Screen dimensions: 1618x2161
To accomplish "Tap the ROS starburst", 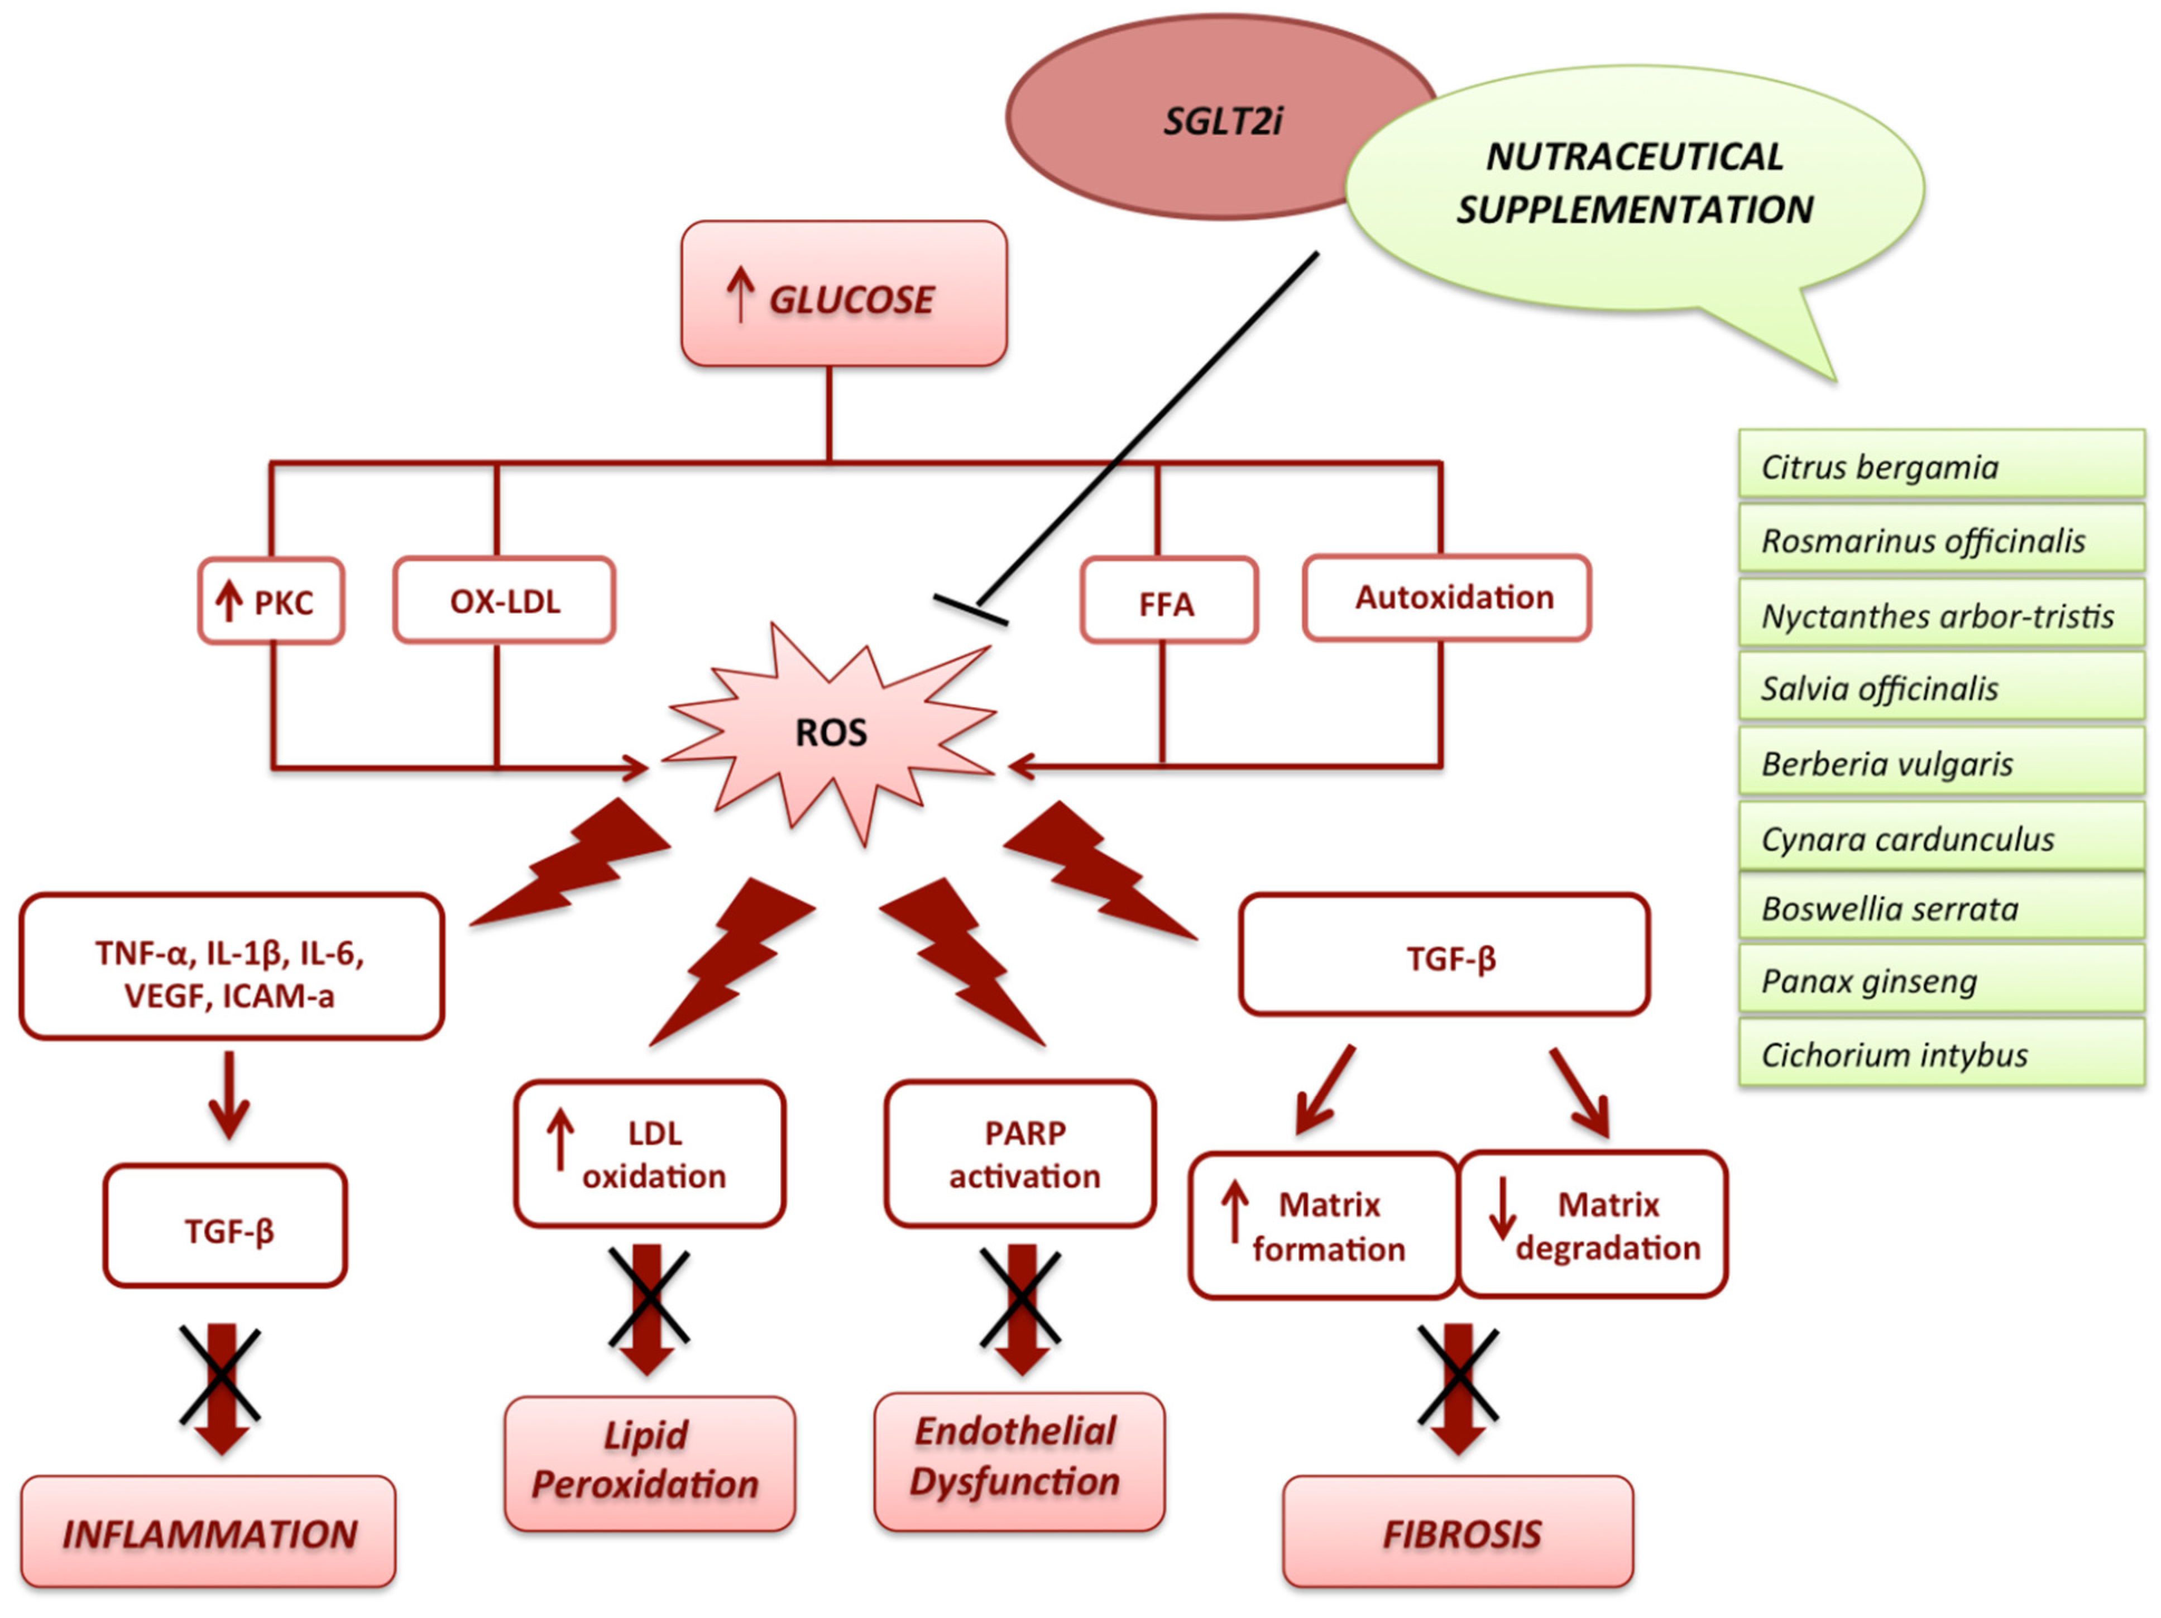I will [831, 733].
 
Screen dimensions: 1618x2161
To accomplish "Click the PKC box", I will [271, 601].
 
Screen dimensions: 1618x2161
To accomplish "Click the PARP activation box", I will [1021, 1154].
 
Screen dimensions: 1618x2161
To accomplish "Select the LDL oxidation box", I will [650, 1154].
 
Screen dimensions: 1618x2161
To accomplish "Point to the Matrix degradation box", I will [1592, 1225].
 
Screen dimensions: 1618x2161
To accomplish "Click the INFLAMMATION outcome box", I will [208, 1532].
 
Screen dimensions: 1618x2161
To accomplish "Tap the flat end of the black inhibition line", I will [970, 610].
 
